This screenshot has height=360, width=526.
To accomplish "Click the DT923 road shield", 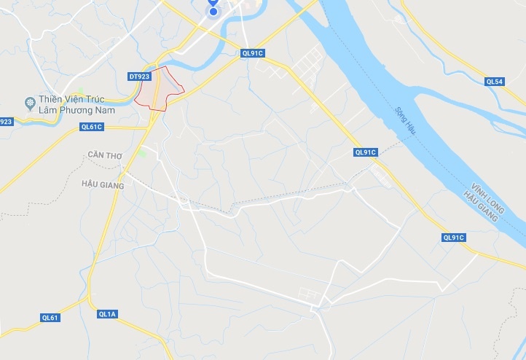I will coord(138,76).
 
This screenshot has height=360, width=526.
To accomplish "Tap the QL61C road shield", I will coord(92,127).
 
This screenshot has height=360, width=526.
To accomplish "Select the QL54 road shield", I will coord(495,82).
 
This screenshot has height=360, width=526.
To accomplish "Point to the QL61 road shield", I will coord(50,317).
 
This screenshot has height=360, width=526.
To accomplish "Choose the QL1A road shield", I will coord(107,313).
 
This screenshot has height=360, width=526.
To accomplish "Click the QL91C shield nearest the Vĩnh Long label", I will coord(453,238).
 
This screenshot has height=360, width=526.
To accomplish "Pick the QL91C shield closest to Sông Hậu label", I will coord(365,152).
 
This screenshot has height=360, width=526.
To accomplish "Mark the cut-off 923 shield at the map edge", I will coord(6,122).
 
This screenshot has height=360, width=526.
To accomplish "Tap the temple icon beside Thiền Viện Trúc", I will coord(30,102).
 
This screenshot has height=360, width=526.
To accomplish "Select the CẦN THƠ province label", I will coord(102,154).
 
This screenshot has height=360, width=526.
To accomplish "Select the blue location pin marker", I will coord(213,7).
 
